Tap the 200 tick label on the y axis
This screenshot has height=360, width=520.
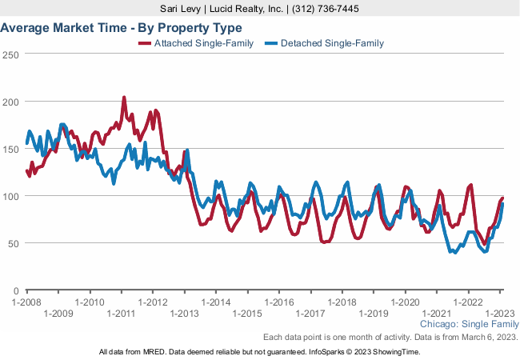pyautogui.click(x=11, y=102)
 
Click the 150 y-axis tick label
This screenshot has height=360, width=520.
pyautogui.click(x=11, y=149)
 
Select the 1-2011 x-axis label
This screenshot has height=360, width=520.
pyautogui.click(x=120, y=314)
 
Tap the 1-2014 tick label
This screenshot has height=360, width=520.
pyautogui.click(x=215, y=302)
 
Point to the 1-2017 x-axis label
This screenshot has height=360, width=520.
pyautogui.click(x=310, y=314)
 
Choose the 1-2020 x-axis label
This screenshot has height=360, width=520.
pyautogui.click(x=405, y=302)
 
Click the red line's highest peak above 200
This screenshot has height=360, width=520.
pyautogui.click(x=124, y=98)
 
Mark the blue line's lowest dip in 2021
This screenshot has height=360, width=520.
pyautogui.click(x=455, y=253)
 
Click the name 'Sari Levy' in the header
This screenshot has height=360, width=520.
pyautogui.click(x=184, y=8)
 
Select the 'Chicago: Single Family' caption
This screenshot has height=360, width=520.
pyautogui.click(x=469, y=325)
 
